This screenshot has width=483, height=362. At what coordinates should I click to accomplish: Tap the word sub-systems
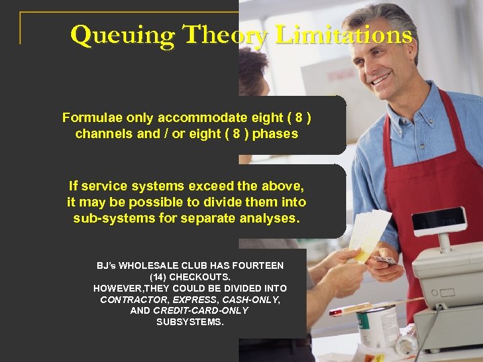(x=111, y=218)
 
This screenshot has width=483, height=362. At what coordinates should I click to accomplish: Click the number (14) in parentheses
(x=159, y=277)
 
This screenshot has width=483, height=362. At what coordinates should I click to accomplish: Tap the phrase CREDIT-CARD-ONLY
(x=200, y=310)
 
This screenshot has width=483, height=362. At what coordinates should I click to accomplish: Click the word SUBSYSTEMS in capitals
(x=190, y=322)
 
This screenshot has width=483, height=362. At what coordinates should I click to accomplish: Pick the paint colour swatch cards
(x=370, y=235)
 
